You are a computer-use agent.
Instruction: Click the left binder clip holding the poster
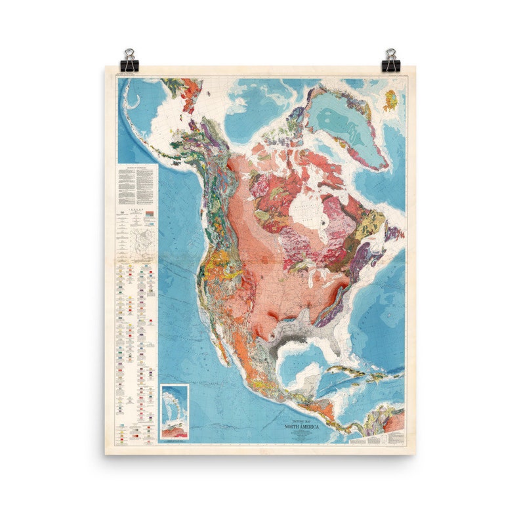coord(129,60)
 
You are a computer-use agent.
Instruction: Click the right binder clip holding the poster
coord(391,60)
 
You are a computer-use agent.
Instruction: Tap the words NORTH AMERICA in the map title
coord(301,427)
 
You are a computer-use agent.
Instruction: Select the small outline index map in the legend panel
coord(144,243)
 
